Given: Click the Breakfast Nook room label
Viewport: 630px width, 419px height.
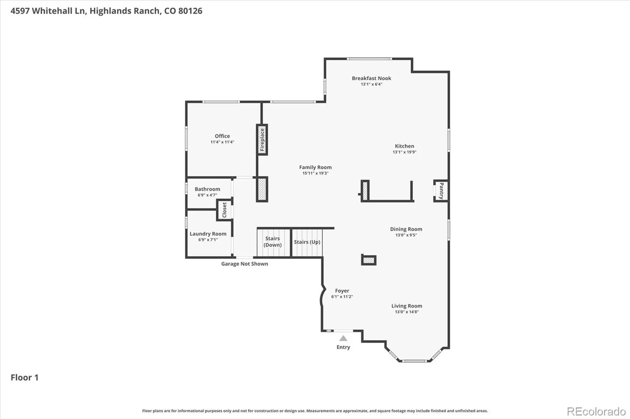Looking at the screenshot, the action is pos(371,78).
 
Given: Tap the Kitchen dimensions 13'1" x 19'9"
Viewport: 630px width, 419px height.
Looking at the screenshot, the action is pos(404,152).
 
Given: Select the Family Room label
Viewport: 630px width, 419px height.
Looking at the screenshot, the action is pos(315,167).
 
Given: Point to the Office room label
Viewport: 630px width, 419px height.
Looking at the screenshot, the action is pos(222,136).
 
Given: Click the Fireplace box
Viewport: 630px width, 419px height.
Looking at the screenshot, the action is pos(262,140).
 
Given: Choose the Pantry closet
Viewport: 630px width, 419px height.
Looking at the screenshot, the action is pos(441,191).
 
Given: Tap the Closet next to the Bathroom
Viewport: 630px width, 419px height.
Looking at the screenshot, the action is pos(224,210).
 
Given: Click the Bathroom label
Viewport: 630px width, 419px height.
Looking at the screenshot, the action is pos(207,189).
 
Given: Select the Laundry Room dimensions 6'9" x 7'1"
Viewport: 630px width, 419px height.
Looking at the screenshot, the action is pos(208,240).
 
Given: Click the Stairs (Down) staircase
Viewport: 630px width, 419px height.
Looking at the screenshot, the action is pos(273,243).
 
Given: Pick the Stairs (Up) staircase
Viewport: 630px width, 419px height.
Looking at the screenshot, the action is pos(307,243).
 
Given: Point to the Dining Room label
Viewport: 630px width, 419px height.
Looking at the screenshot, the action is pos(406,229).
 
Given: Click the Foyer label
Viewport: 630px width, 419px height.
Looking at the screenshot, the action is pos(342,291).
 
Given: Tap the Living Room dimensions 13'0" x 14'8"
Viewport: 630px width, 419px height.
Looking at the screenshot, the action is pos(407,312).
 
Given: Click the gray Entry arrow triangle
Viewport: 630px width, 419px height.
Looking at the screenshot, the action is pos(343,338).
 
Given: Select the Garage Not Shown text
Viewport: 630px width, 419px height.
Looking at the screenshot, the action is pos(245,264).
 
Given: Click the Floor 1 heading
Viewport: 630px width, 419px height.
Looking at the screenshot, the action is pos(24,377).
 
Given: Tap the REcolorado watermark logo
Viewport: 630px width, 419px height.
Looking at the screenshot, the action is pos(596,412).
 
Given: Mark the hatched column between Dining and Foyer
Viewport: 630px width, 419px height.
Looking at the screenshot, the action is pos(369,260).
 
